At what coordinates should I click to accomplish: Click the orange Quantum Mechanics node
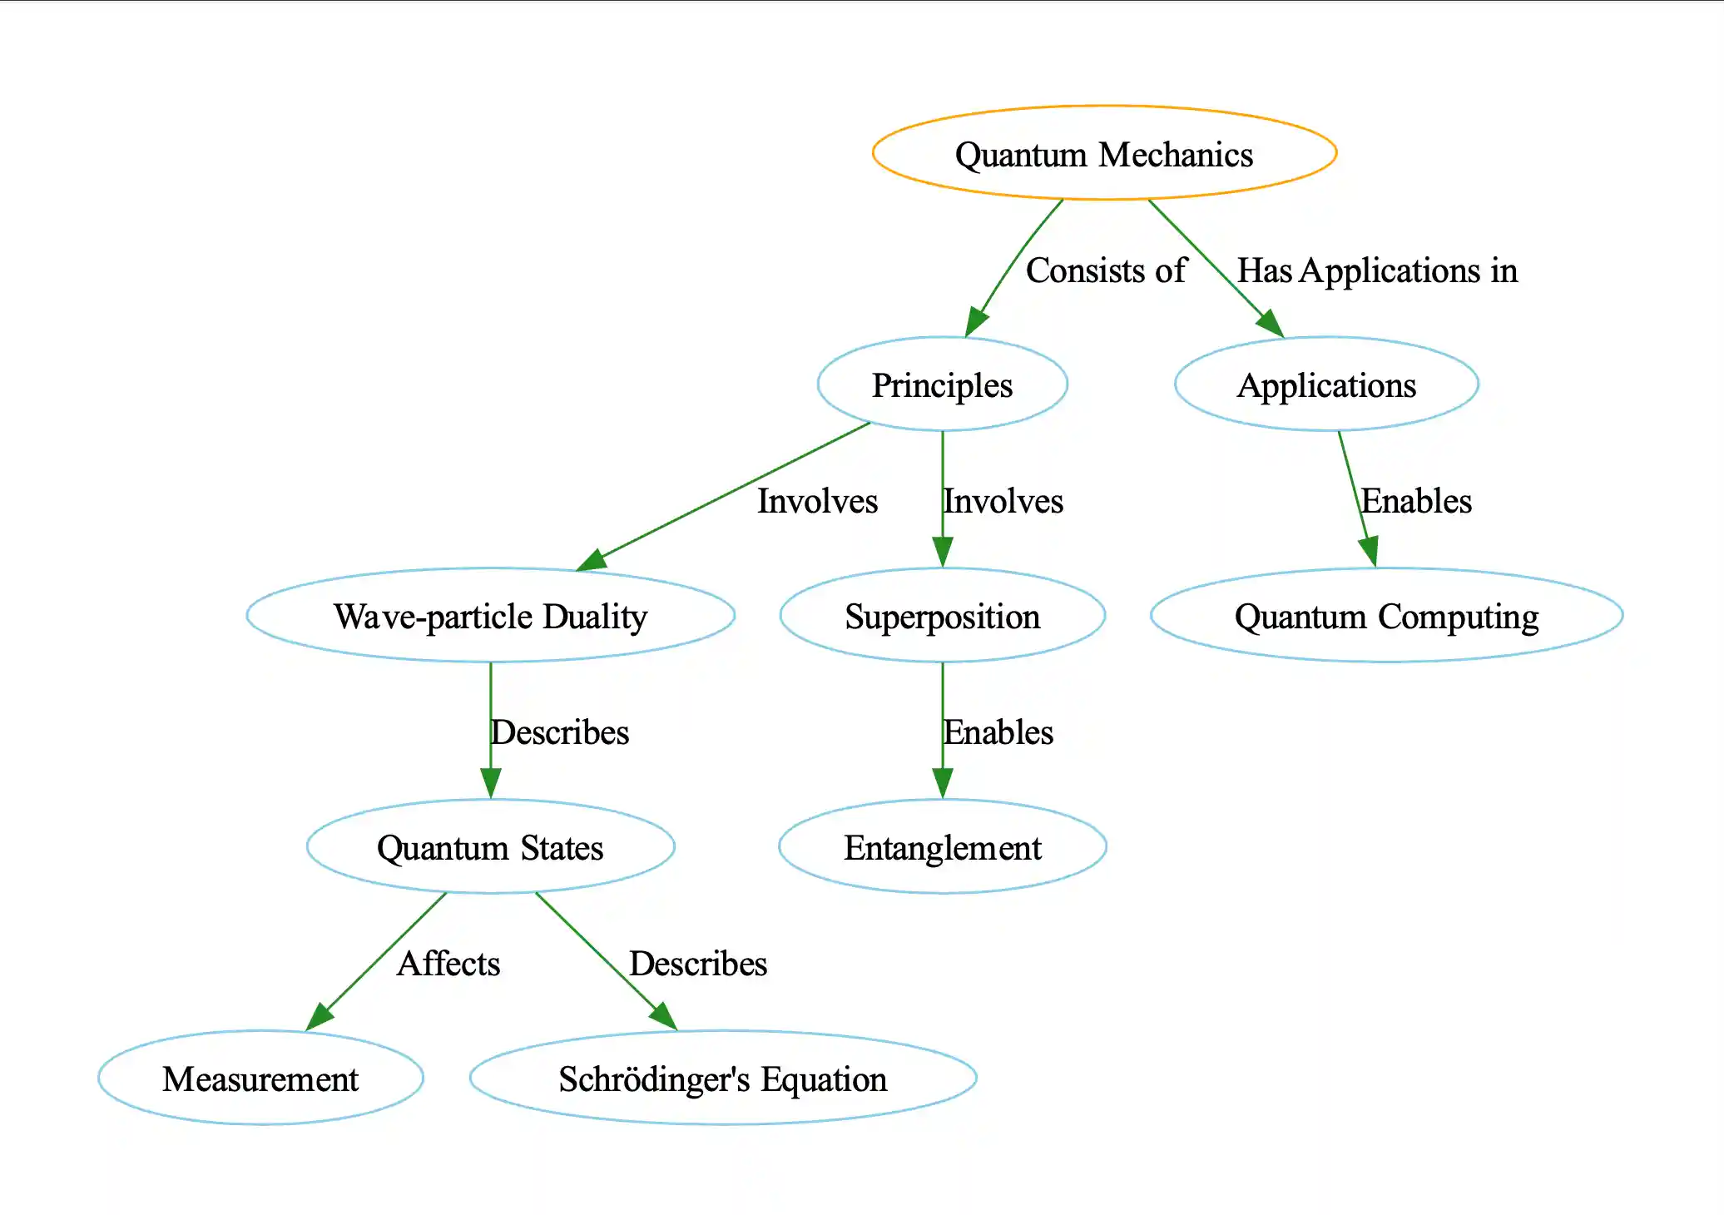(x=1104, y=153)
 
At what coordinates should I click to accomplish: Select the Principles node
(x=942, y=384)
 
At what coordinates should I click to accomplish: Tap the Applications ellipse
(x=1326, y=384)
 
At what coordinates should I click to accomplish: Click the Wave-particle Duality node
(x=490, y=616)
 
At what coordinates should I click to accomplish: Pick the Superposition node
(x=942, y=616)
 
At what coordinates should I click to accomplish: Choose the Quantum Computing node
(x=1386, y=616)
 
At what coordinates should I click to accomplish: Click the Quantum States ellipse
(x=490, y=847)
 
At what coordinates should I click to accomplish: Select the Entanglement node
(x=942, y=847)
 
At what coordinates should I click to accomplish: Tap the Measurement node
(x=260, y=1079)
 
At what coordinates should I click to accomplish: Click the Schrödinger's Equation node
(x=722, y=1079)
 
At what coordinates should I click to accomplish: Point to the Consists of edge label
(x=1106, y=270)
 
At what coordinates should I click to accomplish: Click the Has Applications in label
(x=1377, y=270)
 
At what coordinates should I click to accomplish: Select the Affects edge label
(x=448, y=964)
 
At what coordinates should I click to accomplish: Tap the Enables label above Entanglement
(x=998, y=732)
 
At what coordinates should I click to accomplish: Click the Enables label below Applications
(x=1416, y=501)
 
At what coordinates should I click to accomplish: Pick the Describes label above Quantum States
(x=560, y=732)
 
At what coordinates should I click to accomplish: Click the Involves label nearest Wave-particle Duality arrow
(x=817, y=501)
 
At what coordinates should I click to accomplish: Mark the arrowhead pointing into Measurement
(x=319, y=1017)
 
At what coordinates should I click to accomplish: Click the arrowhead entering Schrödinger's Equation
(x=664, y=1017)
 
